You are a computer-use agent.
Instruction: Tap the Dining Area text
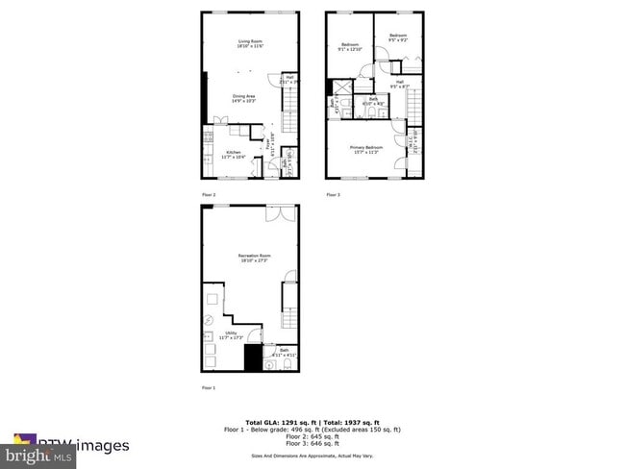(244, 97)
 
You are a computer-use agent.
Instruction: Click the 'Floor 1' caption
(209, 388)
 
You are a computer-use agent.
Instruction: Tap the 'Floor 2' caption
(209, 194)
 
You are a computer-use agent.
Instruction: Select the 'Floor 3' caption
(333, 194)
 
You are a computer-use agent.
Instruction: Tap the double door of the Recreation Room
(281, 211)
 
